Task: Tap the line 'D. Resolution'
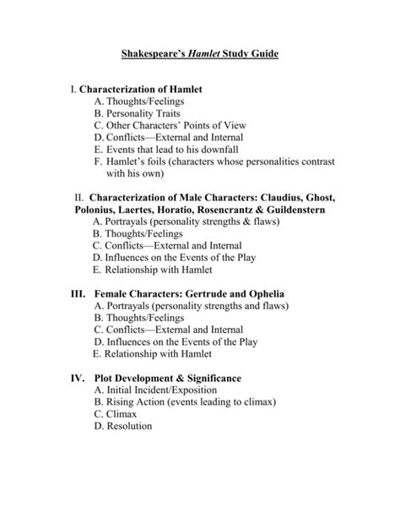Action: pos(123,428)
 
